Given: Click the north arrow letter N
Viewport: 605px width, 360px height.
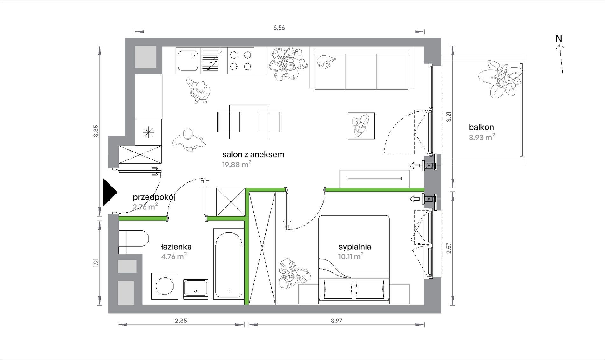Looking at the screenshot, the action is click(559, 39).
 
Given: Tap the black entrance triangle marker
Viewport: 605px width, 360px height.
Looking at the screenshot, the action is click(110, 193).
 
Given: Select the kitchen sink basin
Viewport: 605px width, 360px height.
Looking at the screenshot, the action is click(188, 60).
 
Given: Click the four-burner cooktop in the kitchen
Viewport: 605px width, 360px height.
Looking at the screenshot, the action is click(240, 60).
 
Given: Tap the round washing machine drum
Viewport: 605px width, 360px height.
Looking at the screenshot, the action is click(165, 286).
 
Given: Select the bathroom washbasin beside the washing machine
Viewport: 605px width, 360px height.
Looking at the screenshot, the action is click(196, 289).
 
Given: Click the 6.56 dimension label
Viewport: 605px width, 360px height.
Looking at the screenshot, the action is click(279, 28).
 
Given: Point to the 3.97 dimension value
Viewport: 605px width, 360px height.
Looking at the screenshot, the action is click(337, 321).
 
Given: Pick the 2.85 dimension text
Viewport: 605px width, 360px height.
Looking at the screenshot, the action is click(181, 321).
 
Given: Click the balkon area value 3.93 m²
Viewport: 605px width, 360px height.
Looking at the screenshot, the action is click(482, 137).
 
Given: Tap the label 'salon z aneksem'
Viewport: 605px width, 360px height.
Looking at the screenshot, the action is click(253, 154).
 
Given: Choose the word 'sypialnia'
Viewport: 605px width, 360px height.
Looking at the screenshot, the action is click(355, 247).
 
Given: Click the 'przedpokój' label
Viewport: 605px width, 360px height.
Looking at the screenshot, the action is click(154, 197).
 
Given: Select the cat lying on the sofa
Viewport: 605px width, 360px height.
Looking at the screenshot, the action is click(326, 61).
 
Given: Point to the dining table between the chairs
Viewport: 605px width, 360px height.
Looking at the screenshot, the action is click(249, 122).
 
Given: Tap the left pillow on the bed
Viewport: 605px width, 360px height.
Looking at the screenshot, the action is click(338, 289).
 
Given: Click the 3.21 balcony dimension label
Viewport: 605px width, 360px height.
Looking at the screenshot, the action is click(449, 117).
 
